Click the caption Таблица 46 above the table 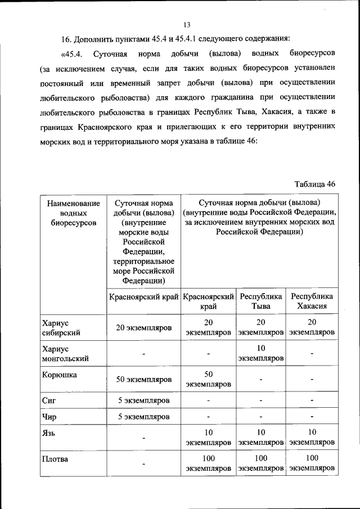(315, 184)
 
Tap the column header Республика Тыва (260, 301)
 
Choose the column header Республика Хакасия (311, 301)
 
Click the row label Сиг (48, 400)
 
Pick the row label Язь (49, 433)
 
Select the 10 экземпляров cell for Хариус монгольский (260, 353)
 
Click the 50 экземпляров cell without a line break (143, 380)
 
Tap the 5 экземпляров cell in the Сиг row (143, 400)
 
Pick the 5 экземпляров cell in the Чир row (143, 417)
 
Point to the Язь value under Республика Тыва (260, 438)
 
